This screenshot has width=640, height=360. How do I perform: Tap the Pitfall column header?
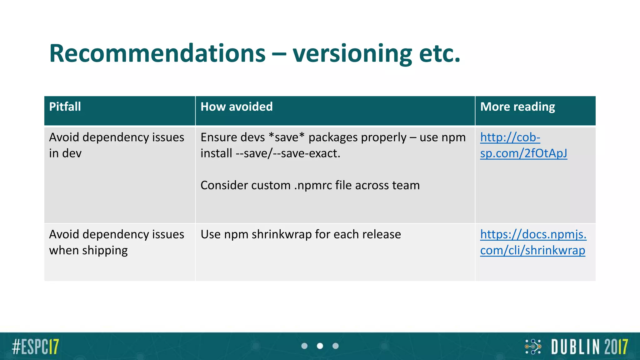point(65,107)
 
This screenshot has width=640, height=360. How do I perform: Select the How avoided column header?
point(237,107)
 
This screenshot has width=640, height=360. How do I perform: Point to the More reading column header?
point(517,107)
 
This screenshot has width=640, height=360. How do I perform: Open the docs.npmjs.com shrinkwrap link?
point(533,242)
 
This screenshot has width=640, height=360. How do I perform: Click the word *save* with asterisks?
point(287,137)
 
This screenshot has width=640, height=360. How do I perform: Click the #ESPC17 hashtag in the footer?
point(35,347)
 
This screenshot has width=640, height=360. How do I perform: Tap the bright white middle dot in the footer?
point(320,346)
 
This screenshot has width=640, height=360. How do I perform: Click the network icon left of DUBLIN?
point(533,347)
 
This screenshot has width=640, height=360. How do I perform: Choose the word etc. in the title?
point(440,53)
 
